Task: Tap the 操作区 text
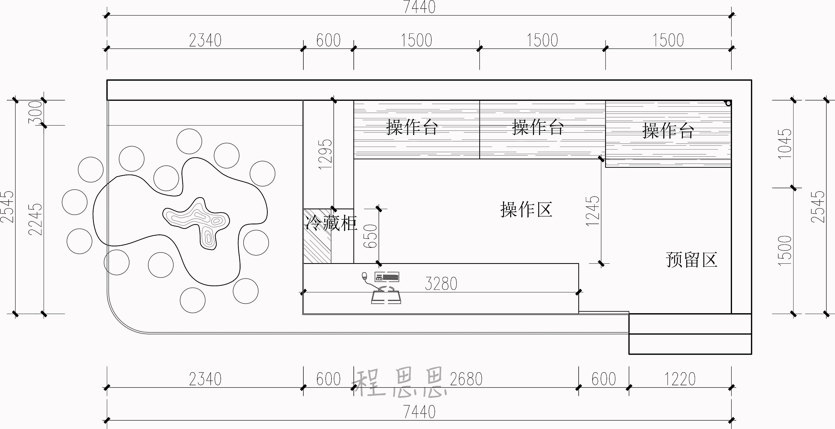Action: point(526,209)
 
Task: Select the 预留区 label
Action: point(691,260)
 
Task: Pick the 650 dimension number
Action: point(371,236)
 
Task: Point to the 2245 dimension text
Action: point(36,219)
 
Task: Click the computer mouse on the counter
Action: point(364,276)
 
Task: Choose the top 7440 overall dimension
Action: point(419,7)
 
